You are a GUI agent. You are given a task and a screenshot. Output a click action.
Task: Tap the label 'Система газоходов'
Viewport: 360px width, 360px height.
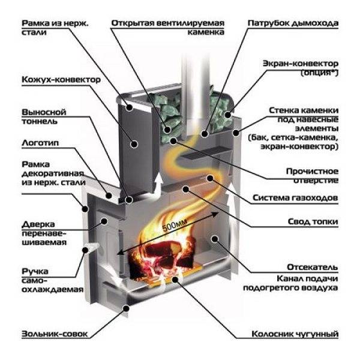tap(295, 197)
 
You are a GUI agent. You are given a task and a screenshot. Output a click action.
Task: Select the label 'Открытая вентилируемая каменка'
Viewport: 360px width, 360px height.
tap(167, 28)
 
